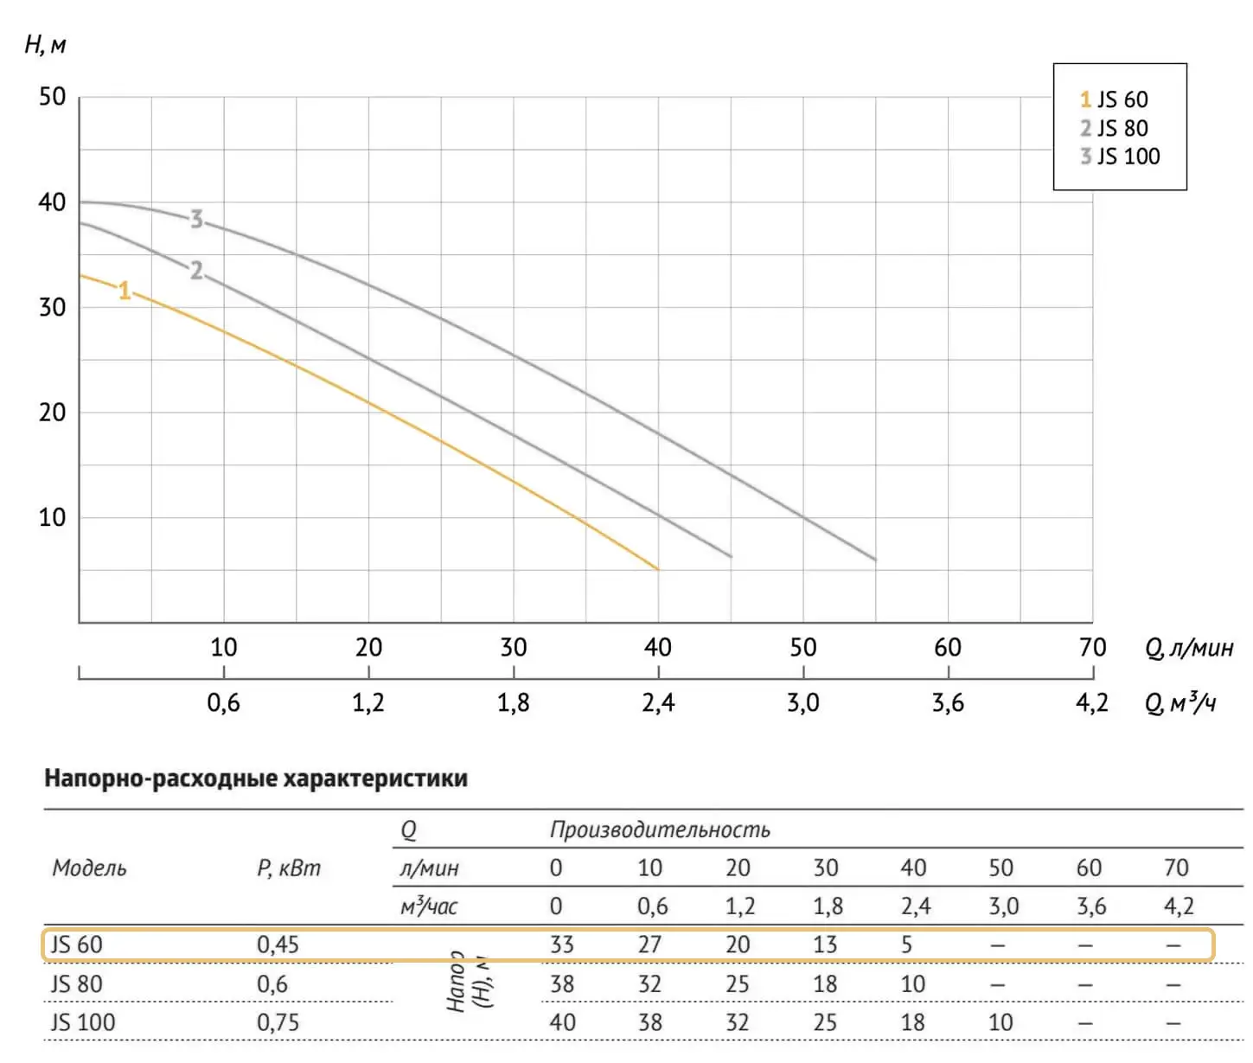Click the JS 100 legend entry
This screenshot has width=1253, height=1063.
pyautogui.click(x=1120, y=157)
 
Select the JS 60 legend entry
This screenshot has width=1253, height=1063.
pyautogui.click(x=1114, y=99)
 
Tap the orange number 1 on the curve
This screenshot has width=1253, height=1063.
pyautogui.click(x=125, y=291)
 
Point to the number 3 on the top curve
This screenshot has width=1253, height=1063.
pyautogui.click(x=197, y=220)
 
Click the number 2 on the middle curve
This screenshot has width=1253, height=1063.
pyautogui.click(x=197, y=271)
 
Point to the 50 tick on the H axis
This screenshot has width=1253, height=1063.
pyautogui.click(x=53, y=97)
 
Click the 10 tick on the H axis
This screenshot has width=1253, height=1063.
pyautogui.click(x=53, y=518)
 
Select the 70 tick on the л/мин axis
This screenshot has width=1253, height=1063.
pyautogui.click(x=1092, y=648)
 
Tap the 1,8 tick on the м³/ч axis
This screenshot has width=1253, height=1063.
pyautogui.click(x=514, y=703)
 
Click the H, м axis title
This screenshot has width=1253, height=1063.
pyautogui.click(x=46, y=44)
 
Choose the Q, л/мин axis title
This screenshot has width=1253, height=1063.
pyautogui.click(x=1189, y=648)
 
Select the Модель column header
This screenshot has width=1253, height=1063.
pyautogui.click(x=89, y=868)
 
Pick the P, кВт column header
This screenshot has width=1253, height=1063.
pyautogui.click(x=289, y=868)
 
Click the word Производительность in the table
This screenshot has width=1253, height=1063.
pyautogui.click(x=660, y=829)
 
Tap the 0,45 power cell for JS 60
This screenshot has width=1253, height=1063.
pyautogui.click(x=278, y=945)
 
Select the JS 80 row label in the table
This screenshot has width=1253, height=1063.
pyautogui.click(x=77, y=984)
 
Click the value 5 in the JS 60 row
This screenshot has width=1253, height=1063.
pyautogui.click(x=906, y=945)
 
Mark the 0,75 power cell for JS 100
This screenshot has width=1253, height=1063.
pyautogui.click(x=278, y=1022)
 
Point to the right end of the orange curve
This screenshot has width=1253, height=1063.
pyautogui.click(x=657, y=568)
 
